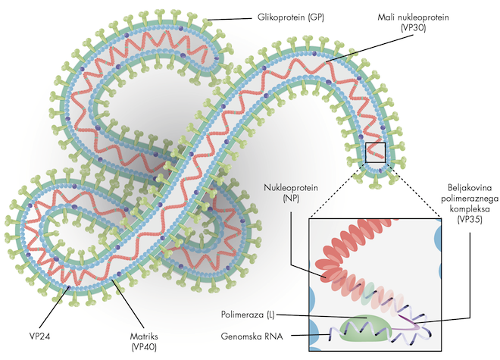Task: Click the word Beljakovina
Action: pos(468,185)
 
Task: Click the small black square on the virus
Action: pos(375,152)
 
